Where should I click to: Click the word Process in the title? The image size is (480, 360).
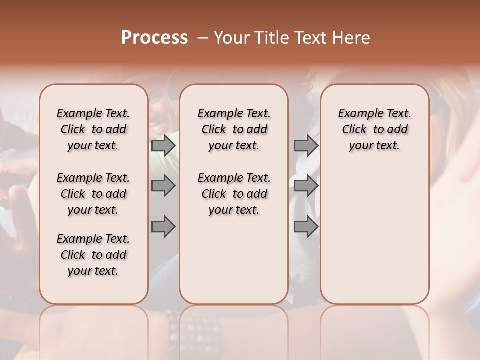click(154, 38)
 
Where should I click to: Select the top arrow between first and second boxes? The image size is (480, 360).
click(163, 145)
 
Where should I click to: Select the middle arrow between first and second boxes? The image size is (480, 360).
click(163, 186)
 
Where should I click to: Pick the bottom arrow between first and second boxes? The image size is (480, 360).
click(163, 227)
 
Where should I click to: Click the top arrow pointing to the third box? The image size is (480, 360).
click(306, 145)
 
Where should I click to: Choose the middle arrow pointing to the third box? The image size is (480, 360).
click(306, 186)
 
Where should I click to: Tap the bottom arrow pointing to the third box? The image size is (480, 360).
click(306, 227)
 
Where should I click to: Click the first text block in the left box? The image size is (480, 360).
click(93, 129)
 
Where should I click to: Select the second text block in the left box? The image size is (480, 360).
click(93, 194)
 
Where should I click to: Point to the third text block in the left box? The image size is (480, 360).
click(93, 255)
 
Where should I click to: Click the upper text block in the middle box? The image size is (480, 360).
click(234, 129)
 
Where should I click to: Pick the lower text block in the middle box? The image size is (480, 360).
click(234, 194)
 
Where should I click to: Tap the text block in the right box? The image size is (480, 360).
click(374, 129)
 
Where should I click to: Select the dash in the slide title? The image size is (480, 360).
click(203, 38)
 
